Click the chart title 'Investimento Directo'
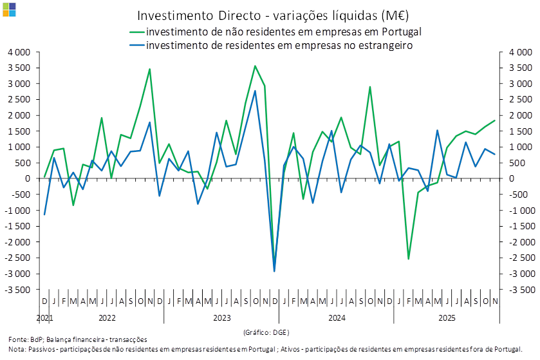click(273, 15)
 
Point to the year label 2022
click(107, 318)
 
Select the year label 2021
click(44, 318)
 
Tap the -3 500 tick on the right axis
click(517, 290)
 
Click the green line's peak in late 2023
click(255, 66)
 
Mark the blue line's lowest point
click(275, 270)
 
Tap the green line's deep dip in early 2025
click(409, 258)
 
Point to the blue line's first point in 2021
click(44, 214)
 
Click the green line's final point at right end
click(495, 120)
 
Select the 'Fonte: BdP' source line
click(77, 339)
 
